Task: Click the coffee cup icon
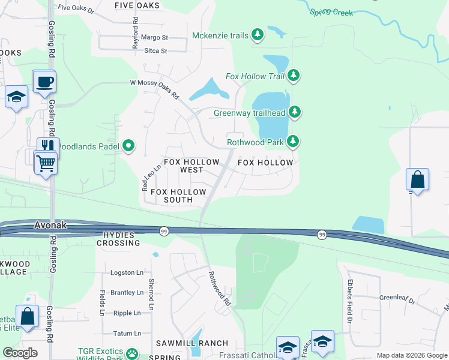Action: coord(44,82)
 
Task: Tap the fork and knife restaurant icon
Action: coord(48,146)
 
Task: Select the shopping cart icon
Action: coord(46,161)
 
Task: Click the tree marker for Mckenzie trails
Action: coord(258,35)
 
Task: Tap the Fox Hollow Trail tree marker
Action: coord(294,76)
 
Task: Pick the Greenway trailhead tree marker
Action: coord(294,112)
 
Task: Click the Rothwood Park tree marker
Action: coord(292,142)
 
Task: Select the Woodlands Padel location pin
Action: coord(128,146)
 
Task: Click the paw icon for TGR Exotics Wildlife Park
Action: coord(134,352)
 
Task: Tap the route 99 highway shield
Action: coord(163,231)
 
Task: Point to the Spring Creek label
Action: coord(331,11)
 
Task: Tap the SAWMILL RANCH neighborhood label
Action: coord(192,343)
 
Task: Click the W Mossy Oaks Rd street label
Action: coord(155,89)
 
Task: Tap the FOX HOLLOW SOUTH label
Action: coord(178,196)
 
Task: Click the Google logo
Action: coord(20,353)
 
